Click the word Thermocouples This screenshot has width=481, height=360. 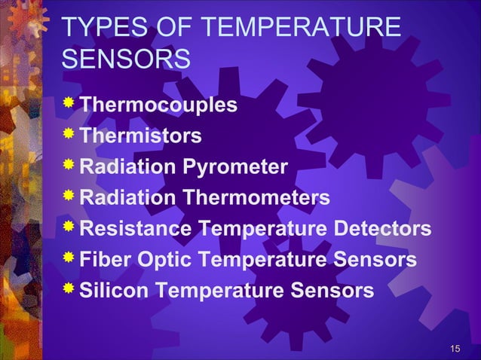(158, 105)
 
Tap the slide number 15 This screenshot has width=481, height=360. (455, 347)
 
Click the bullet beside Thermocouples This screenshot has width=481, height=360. (69, 103)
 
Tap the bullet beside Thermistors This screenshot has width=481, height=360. (69, 134)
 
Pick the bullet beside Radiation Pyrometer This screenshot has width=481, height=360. (69, 165)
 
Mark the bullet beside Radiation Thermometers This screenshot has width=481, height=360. (69, 196)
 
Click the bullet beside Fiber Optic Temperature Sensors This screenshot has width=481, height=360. (69, 258)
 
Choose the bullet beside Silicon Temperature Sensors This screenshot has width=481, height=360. (69, 288)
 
